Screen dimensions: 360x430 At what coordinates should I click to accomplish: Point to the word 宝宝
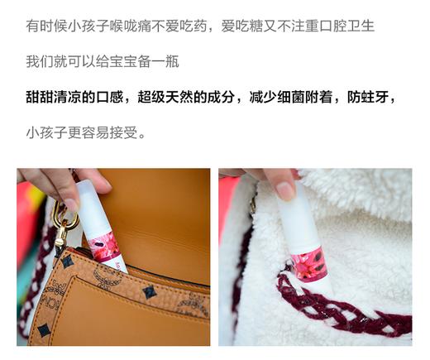tap(130, 62)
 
